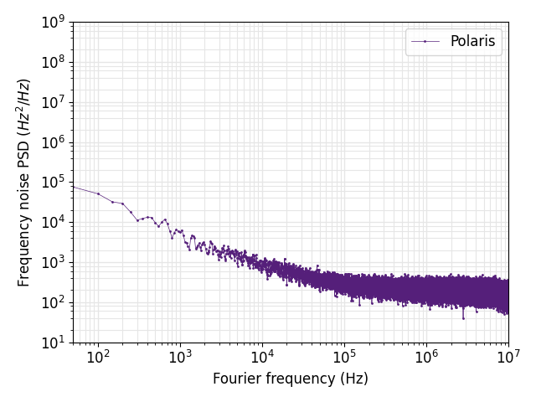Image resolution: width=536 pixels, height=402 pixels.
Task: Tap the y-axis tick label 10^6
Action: click(53, 142)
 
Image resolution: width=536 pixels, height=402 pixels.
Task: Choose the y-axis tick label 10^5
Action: click(53, 183)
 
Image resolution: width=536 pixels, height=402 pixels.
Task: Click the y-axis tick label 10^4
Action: click(53, 223)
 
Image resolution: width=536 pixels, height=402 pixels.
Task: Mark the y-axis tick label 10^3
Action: click(53, 263)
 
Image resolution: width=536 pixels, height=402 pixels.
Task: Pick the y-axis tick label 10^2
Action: click(53, 302)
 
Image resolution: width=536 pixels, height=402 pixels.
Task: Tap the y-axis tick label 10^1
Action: click(53, 343)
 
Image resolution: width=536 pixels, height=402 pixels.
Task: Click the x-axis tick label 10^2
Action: click(98, 358)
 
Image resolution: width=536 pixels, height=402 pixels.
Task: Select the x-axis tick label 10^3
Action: click(180, 358)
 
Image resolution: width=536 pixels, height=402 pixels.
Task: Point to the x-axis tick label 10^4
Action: click(262, 358)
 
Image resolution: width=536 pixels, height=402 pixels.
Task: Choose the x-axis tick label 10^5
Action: click(344, 358)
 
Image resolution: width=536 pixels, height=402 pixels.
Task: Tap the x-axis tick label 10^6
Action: click(426, 358)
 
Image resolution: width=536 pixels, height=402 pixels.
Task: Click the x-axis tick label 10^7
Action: click(508, 358)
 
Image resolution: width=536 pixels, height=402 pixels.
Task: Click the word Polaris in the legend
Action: click(472, 42)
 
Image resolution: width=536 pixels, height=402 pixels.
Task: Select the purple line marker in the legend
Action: click(425, 42)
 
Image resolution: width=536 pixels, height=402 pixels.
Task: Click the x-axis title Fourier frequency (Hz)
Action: click(291, 379)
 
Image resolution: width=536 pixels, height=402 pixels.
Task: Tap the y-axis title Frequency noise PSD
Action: click(24, 183)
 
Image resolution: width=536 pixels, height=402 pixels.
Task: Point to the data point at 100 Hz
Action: click(98, 193)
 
